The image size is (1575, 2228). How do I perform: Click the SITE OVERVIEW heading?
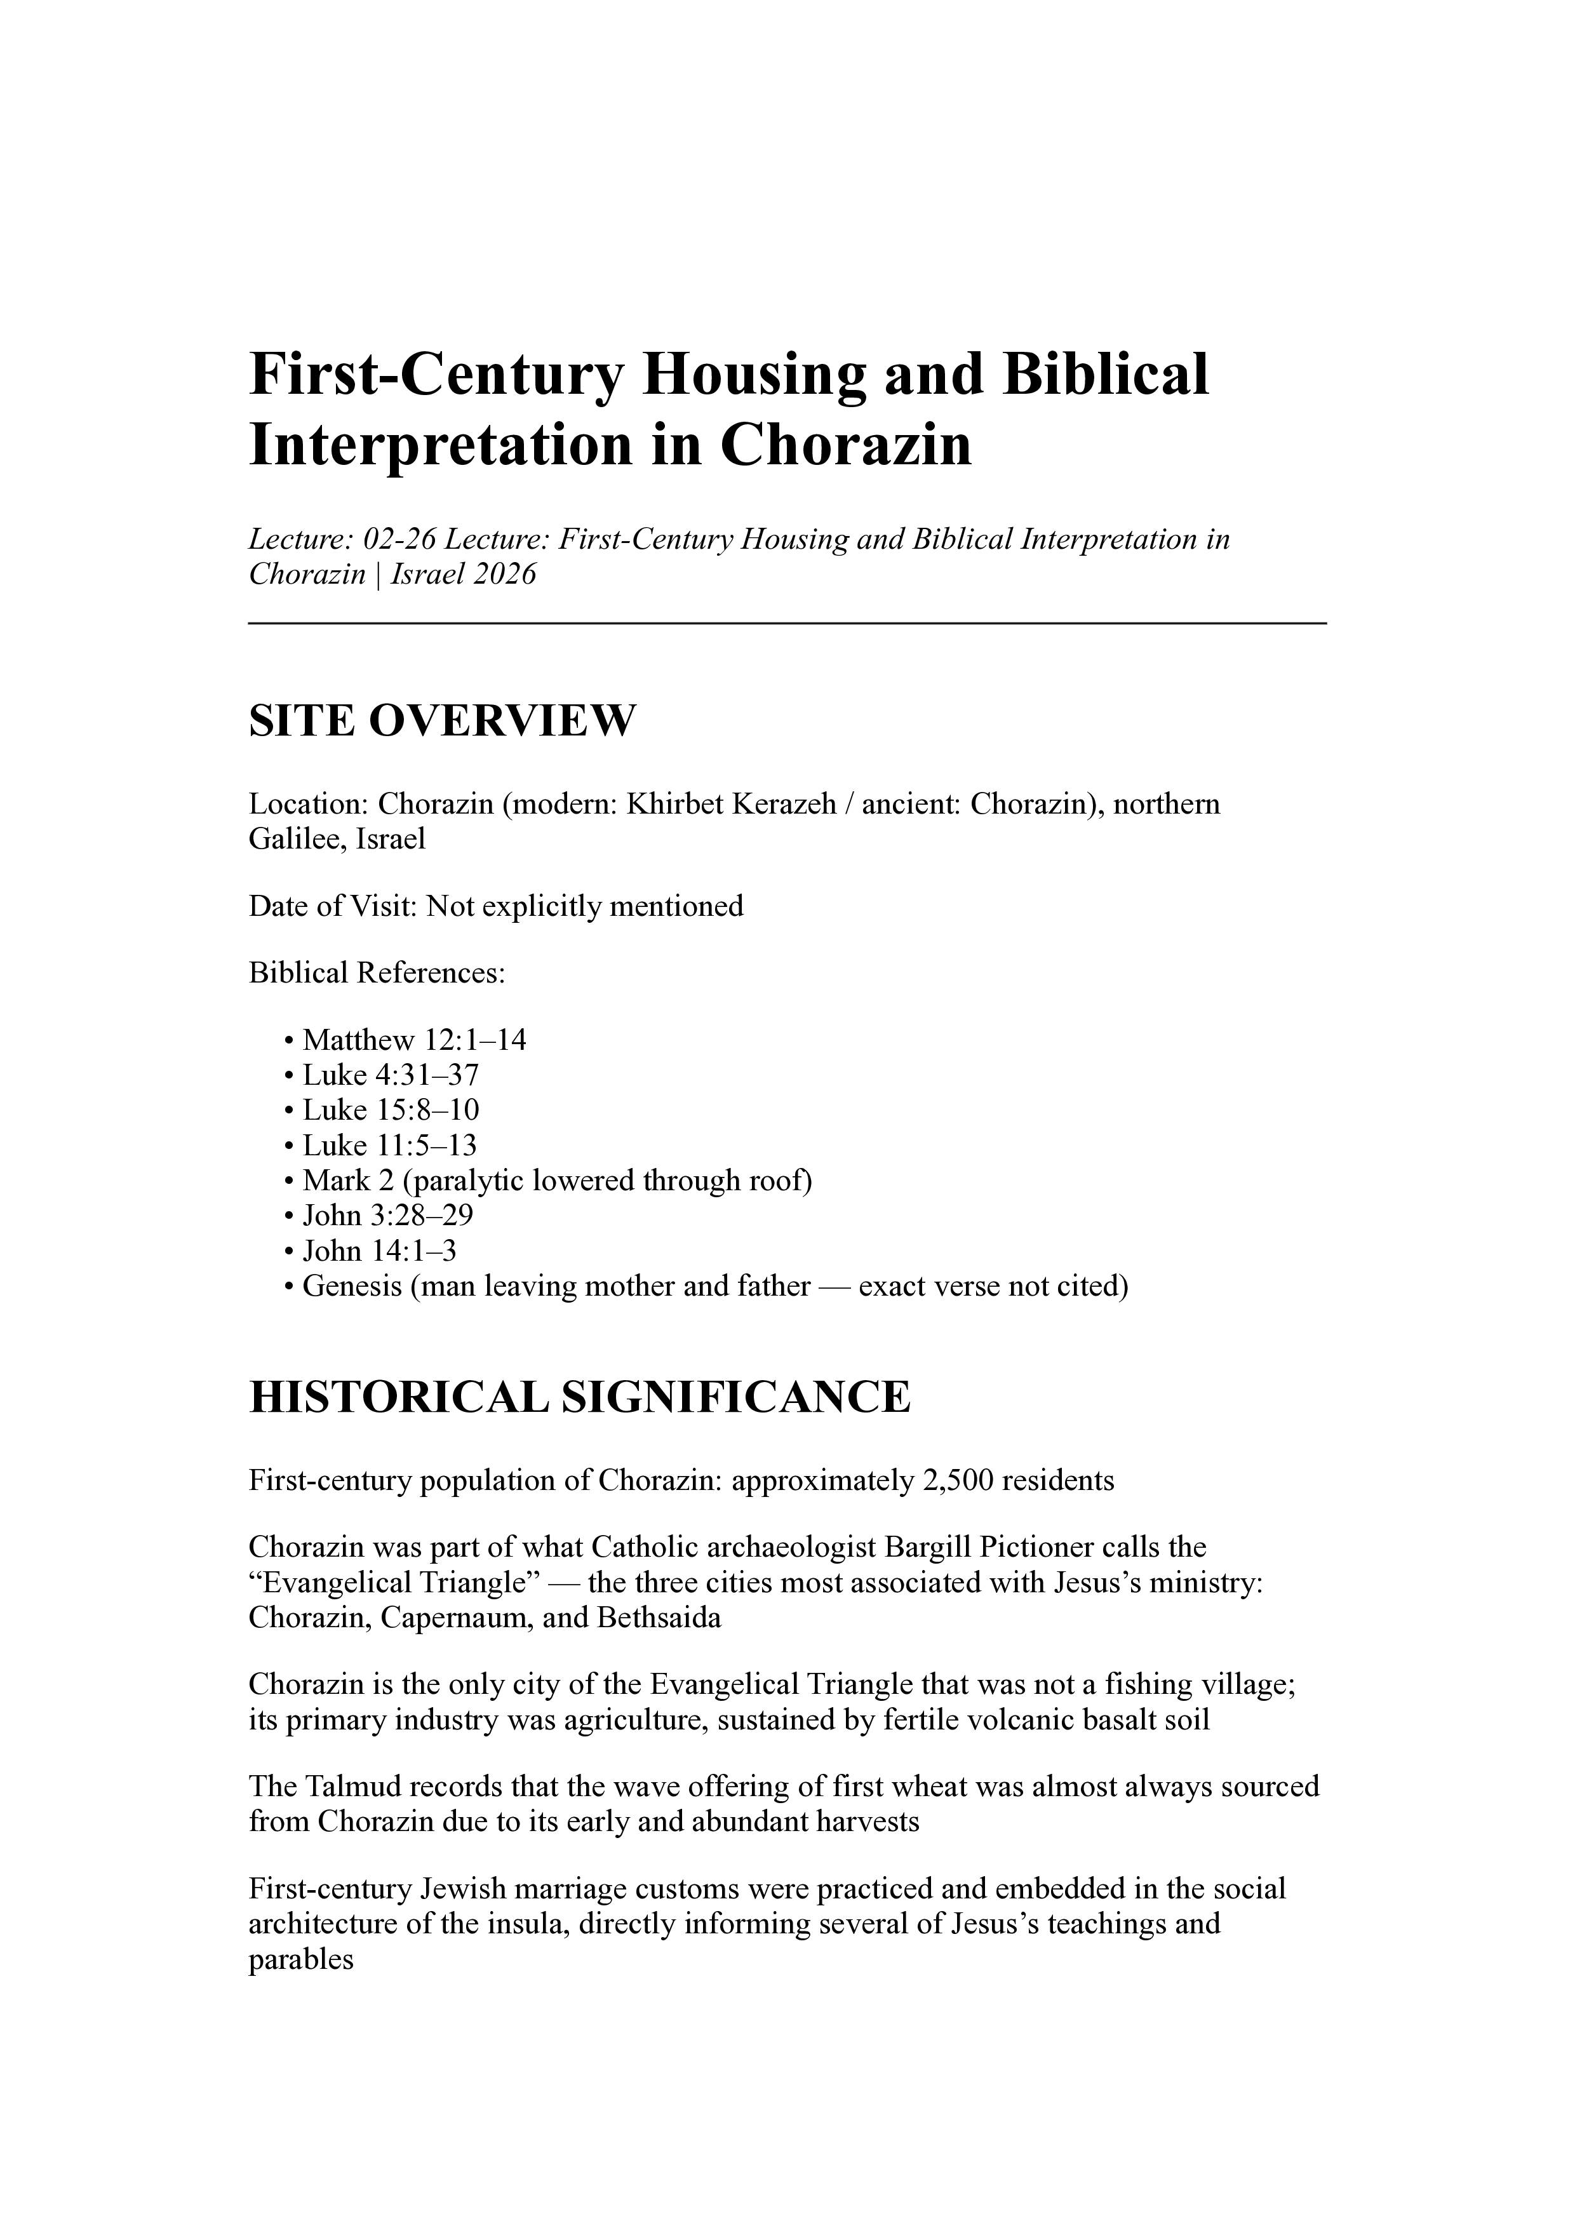point(443,721)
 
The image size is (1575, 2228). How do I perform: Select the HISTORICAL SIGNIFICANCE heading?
point(579,1397)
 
